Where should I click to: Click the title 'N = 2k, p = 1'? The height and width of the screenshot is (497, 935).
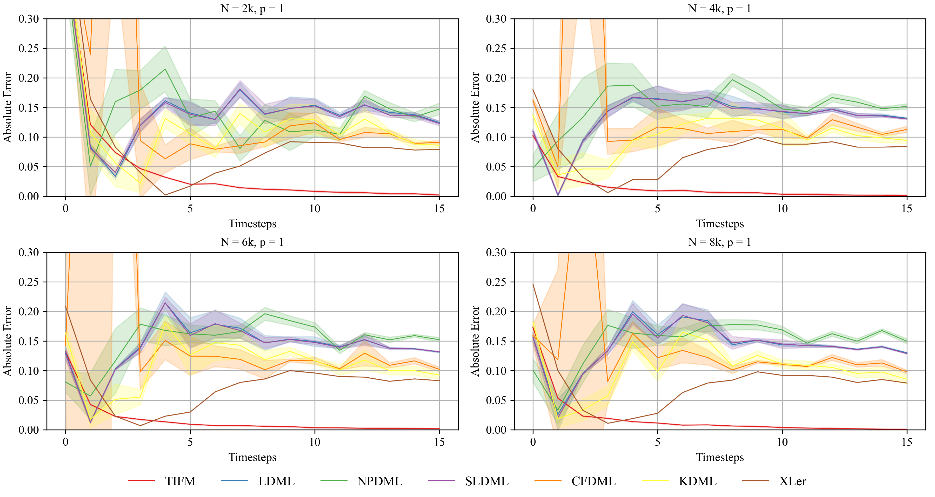(x=252, y=8)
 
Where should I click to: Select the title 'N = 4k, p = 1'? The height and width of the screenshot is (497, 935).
(x=720, y=8)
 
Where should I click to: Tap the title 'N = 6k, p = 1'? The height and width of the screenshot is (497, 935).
(x=252, y=242)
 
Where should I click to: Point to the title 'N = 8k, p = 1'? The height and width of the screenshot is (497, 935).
(x=720, y=242)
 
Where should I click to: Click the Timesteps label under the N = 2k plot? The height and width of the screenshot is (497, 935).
(x=252, y=223)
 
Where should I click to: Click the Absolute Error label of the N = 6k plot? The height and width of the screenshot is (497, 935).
(x=8, y=341)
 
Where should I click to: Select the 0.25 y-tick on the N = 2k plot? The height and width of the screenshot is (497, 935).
(x=29, y=48)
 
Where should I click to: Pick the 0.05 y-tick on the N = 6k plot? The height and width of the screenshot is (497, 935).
(x=29, y=400)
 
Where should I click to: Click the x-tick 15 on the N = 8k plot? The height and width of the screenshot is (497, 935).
(x=907, y=442)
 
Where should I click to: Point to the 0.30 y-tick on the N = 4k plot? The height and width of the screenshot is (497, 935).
(x=496, y=18)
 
